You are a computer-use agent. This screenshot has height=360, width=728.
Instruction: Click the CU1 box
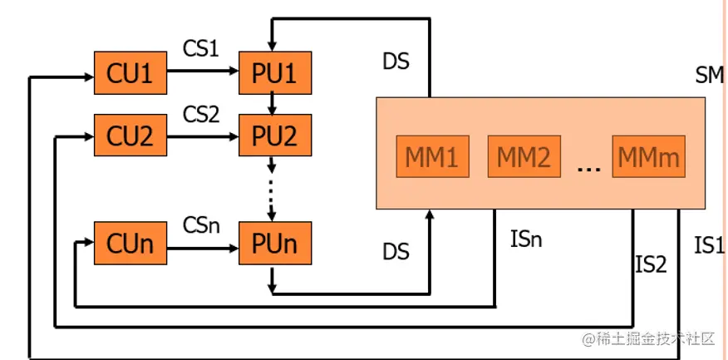(x=130, y=73)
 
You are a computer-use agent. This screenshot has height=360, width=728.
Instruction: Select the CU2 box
(x=130, y=136)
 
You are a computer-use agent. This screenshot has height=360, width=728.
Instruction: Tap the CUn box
(x=130, y=244)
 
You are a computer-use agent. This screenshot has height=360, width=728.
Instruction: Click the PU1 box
(x=274, y=73)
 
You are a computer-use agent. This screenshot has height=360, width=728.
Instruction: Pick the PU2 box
(x=274, y=136)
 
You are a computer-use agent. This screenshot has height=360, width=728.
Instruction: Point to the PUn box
(x=274, y=244)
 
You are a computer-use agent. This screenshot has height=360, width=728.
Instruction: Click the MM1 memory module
(x=432, y=155)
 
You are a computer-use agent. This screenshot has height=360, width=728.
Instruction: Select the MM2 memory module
(x=523, y=155)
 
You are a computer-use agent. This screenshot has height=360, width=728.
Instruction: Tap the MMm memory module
(x=648, y=155)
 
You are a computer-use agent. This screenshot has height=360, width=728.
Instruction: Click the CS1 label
(x=200, y=48)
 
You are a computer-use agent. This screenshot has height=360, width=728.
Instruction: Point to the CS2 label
(x=200, y=113)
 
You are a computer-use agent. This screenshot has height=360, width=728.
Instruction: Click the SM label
(x=710, y=76)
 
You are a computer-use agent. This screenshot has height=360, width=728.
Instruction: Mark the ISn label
(x=526, y=241)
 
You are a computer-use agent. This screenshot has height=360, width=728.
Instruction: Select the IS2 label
(x=651, y=264)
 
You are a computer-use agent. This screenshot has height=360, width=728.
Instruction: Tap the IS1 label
(x=709, y=246)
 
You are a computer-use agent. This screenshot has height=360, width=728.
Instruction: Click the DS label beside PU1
(x=396, y=62)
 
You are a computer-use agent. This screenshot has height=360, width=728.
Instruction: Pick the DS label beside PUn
(x=396, y=251)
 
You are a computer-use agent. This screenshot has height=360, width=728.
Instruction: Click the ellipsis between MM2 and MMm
(x=588, y=167)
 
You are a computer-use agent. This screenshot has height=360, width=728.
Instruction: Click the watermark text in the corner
(x=648, y=338)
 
